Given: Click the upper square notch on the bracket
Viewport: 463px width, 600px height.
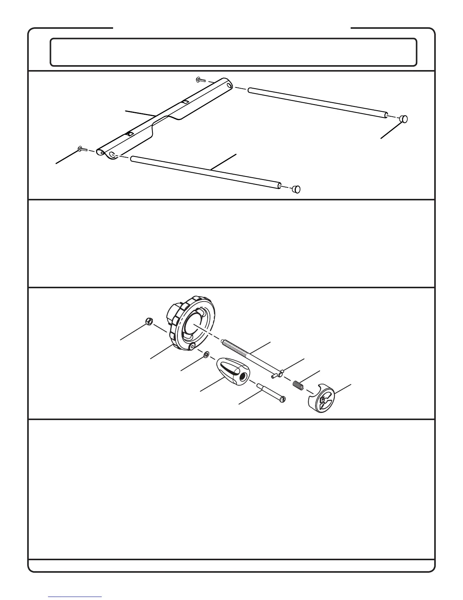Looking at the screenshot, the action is (185, 102).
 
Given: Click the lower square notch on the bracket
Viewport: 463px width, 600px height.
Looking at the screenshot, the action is (129, 134).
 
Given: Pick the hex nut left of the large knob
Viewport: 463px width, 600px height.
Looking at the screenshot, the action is (149, 322).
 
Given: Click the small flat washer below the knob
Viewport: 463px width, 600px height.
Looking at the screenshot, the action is (206, 355).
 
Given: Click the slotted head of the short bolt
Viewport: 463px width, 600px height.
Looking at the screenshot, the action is (282, 399).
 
